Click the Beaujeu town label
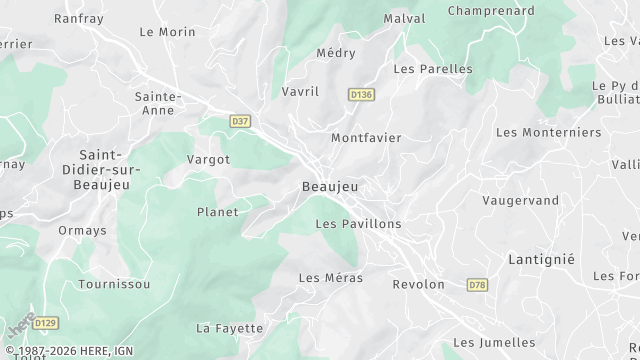[330, 187]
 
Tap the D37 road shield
[240, 121]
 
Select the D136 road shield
[361, 94]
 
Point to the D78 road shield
[478, 285]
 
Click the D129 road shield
[44, 322]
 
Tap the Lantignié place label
[543, 258]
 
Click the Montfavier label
[366, 138]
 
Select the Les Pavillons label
[358, 224]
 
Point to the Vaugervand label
[521, 200]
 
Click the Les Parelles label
[433, 69]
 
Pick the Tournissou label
[114, 284]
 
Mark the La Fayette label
[230, 328]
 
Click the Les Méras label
[331, 277]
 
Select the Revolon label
[418, 284]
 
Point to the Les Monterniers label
[549, 132]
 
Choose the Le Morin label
[167, 32]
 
